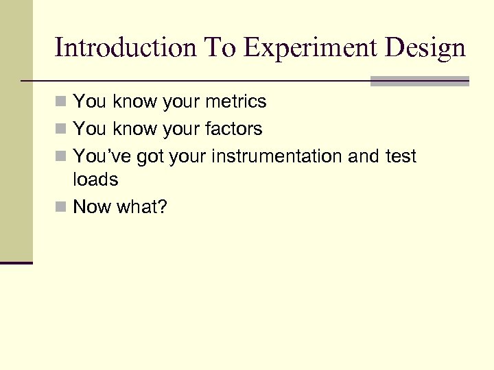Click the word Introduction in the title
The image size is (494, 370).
124,48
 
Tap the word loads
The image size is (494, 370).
95,180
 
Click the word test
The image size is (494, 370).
400,156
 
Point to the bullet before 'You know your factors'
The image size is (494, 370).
61,129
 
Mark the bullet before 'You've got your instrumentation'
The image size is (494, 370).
61,157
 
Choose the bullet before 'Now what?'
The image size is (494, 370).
61,207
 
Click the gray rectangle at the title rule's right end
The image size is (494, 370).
419,82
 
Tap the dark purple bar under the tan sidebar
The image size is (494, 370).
16,262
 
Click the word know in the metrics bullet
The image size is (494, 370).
134,102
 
